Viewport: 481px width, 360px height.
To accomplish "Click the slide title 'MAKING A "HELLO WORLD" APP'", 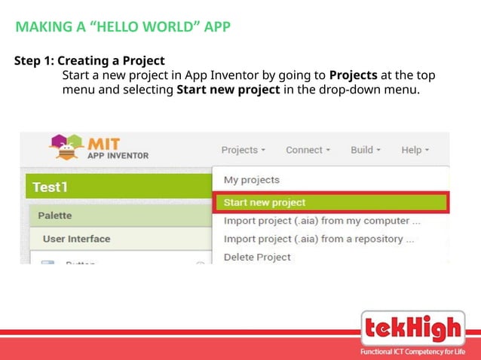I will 123,28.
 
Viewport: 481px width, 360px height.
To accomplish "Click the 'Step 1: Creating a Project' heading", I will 90,60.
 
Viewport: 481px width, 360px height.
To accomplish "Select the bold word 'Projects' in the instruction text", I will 357,76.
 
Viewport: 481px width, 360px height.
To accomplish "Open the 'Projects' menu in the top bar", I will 243,150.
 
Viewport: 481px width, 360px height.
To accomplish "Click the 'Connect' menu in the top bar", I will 308,150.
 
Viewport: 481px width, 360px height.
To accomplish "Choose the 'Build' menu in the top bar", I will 365,150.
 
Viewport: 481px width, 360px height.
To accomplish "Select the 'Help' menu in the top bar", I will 415,150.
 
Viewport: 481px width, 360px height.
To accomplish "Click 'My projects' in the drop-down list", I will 251,180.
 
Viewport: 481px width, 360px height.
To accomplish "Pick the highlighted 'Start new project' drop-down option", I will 264,203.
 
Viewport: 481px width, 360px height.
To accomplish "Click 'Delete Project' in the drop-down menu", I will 257,257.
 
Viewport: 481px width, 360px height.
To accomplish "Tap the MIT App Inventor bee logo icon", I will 66,148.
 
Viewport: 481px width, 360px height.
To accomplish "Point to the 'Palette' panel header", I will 55,215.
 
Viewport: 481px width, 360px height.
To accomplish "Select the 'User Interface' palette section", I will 76,239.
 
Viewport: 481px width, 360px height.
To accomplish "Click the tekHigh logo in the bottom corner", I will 412,329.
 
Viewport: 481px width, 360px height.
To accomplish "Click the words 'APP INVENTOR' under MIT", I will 118,156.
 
